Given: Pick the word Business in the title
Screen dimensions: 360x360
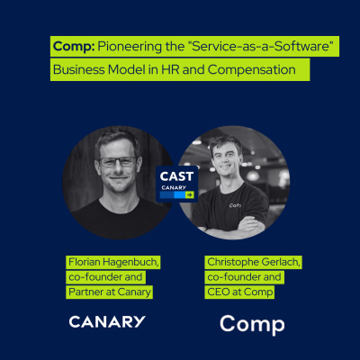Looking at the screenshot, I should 78,70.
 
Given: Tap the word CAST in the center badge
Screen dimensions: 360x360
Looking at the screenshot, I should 177,176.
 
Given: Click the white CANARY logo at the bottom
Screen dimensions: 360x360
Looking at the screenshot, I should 107,321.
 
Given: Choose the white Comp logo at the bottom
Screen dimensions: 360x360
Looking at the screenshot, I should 252,323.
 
